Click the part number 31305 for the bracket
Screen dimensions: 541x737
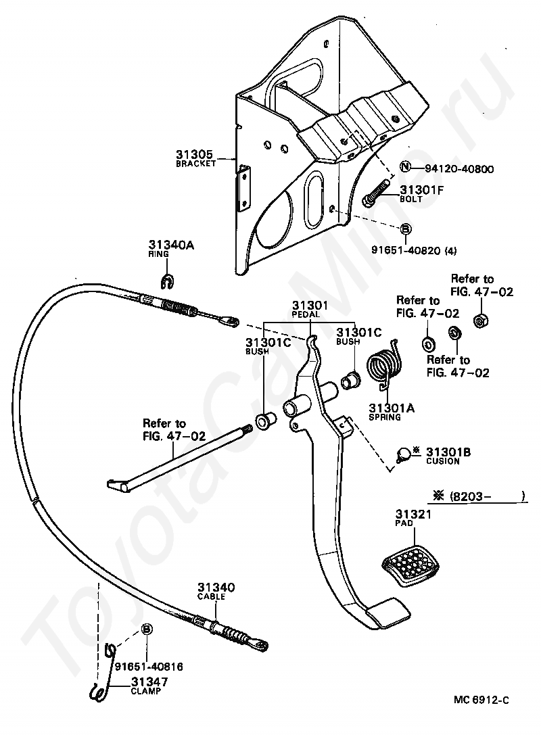click(195, 154)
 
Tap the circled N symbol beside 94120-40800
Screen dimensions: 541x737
click(405, 167)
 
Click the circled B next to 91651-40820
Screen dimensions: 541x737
click(405, 229)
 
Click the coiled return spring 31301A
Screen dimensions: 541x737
click(385, 366)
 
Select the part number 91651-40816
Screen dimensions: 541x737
click(149, 667)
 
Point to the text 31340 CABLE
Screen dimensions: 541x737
click(216, 592)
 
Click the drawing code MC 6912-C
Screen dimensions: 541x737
click(481, 700)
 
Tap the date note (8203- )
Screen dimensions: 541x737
click(479, 496)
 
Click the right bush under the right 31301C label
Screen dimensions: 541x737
click(351, 380)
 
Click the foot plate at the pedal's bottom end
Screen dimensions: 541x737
click(387, 612)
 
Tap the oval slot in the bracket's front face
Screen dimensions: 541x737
click(312, 199)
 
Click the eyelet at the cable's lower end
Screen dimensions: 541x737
click(261, 644)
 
